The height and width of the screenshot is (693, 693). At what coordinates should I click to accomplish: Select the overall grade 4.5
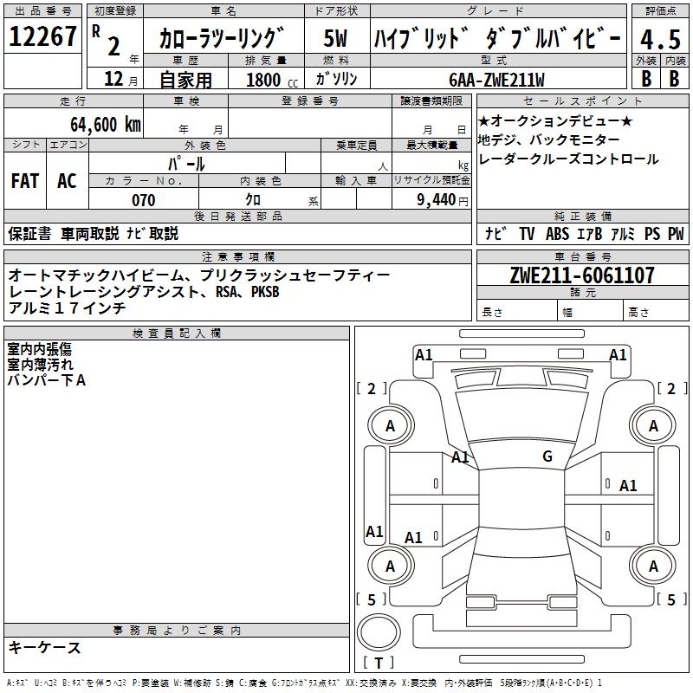[x=658, y=39]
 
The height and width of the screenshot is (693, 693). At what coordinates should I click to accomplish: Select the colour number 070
[x=143, y=200]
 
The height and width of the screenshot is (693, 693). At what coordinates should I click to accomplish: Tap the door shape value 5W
[x=336, y=39]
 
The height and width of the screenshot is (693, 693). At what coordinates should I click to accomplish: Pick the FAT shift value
[x=24, y=180]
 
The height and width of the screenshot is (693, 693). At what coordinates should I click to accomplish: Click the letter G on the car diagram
[x=547, y=457]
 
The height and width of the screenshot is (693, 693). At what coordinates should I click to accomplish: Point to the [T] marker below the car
[x=379, y=664]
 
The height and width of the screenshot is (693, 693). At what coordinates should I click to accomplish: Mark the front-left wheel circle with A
[x=391, y=425]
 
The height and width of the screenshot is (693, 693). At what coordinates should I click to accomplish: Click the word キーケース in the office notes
[x=45, y=648]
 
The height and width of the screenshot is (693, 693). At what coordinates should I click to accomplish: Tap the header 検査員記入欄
[x=177, y=334]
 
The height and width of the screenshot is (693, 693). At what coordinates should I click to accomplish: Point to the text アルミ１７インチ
[x=68, y=308]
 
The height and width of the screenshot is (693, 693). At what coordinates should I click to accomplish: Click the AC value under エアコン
[x=67, y=180]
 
